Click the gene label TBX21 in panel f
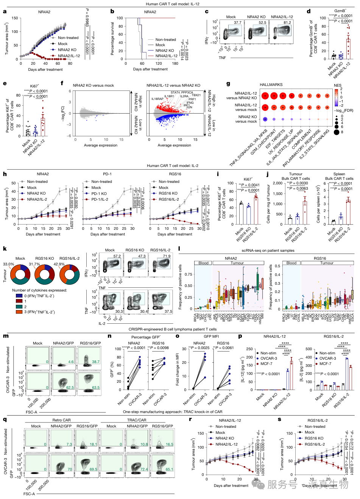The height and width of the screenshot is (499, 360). point(196,95)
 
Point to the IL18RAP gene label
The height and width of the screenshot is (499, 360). point(157,99)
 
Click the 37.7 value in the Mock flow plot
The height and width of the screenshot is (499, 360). point(237,23)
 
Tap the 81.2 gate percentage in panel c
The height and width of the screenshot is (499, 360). point(287,23)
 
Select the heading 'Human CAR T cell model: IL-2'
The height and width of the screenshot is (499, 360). point(172,165)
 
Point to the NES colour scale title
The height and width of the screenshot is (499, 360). point(337,86)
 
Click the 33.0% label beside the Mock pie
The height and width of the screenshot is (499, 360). point(8,264)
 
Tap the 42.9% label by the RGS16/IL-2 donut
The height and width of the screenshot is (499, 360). point(59,264)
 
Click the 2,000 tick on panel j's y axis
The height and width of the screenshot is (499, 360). point(277,183)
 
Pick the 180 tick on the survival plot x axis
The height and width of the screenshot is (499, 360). point(175,64)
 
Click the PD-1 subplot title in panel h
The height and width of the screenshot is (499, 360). point(107,174)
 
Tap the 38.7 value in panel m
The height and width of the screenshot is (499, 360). point(96,362)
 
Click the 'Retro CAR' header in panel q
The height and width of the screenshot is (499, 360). point(61,420)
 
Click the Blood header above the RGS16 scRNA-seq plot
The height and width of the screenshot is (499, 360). point(291,263)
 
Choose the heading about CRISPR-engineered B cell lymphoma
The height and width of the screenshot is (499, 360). point(172,329)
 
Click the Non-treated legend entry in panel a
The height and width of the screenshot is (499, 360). point(68,38)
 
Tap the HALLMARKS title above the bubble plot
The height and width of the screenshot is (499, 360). point(271,85)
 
